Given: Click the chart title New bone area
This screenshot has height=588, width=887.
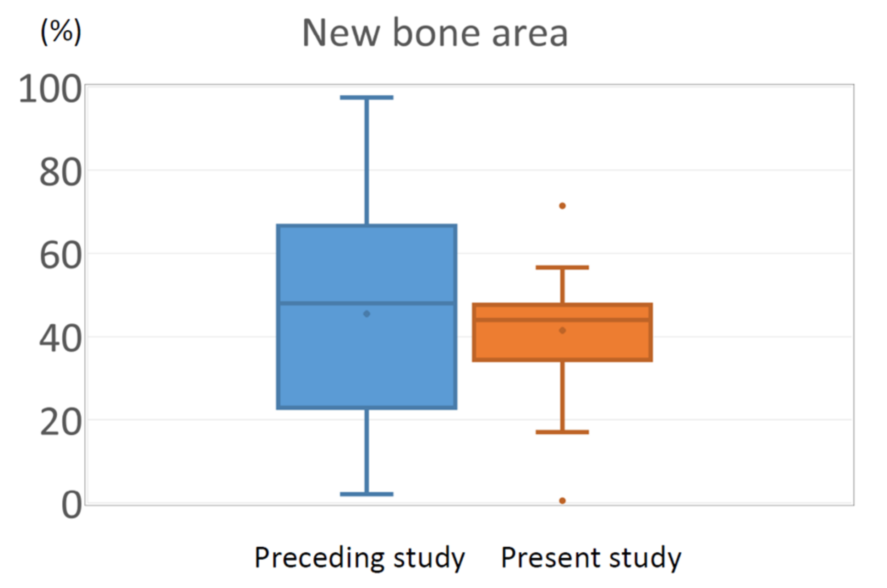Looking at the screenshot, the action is point(435,33).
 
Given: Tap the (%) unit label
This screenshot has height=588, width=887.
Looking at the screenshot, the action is point(61,32).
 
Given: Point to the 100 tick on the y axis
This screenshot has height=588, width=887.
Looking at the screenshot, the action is point(50,89).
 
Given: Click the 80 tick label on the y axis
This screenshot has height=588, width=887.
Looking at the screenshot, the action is point(61,173).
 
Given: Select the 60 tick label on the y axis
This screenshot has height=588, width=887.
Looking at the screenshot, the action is point(61,256).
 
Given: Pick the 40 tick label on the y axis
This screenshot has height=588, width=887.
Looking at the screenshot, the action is point(61,339).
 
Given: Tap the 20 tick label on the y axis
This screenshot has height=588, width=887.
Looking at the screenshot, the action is point(61,422).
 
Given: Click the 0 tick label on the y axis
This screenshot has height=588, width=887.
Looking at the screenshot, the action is point(72,505).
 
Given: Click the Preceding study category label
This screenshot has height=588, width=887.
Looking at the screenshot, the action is point(360,558).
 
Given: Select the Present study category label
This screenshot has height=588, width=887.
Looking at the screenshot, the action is point(591,558).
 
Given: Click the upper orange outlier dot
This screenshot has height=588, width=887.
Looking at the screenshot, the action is point(562,206).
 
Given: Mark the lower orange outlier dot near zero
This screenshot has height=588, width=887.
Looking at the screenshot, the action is point(562,501).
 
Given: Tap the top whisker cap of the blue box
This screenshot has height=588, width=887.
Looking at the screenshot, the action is point(367,98).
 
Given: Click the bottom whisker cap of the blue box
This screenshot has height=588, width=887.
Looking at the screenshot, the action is point(367,494).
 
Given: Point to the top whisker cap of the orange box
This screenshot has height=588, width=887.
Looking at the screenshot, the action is point(562,267).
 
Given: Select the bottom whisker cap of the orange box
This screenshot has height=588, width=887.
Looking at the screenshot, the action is point(562,432).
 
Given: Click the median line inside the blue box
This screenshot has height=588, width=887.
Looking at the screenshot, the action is point(367,303).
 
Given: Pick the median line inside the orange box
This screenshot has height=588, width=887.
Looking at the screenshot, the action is point(562,320).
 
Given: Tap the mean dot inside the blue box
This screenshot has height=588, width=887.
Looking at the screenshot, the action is point(367,314).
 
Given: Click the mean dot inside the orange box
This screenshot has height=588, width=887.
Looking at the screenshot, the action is point(562,331).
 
